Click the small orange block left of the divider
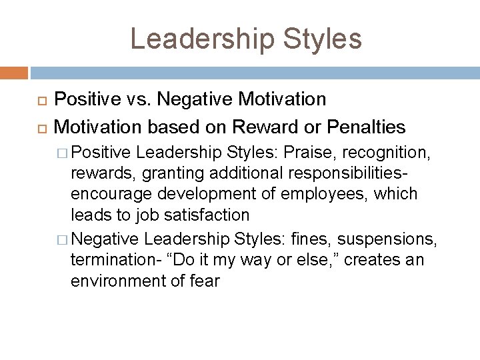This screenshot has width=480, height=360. click(13, 73)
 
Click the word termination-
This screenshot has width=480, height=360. click(113, 259)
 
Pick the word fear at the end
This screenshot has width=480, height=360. click(204, 281)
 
